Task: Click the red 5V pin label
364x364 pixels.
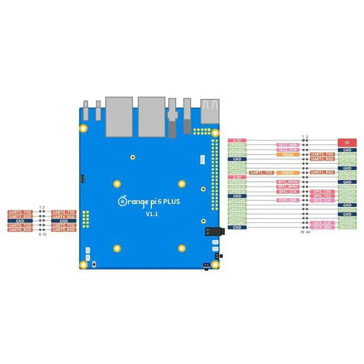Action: point(346,142)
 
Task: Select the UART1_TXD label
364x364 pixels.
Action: point(262,172)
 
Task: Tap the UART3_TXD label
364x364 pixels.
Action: point(322,154)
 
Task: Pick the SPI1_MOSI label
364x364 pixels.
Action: point(288,182)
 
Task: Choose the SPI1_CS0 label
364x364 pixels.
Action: point(322,192)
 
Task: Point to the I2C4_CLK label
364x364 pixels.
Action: point(322,222)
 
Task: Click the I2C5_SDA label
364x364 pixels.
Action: point(288,200)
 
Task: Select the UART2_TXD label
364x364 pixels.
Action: point(20,212)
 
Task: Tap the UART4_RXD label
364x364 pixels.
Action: point(64,217)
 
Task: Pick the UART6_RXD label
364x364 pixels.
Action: point(20,230)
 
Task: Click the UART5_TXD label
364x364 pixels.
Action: point(64,225)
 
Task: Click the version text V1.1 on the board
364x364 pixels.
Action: point(151,214)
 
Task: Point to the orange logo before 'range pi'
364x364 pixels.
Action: point(121,201)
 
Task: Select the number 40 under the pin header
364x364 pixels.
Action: point(308,232)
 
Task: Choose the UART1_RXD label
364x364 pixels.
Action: point(322,172)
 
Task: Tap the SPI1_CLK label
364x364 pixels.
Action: point(288,192)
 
